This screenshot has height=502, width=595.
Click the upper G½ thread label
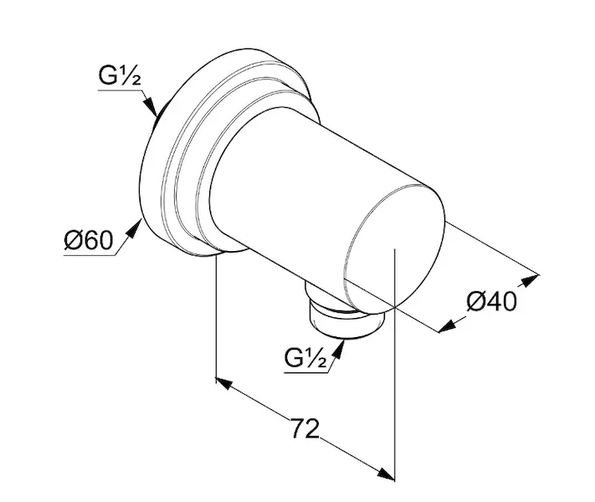pyautogui.click(x=120, y=76)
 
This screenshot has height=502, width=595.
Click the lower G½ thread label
pyautogui.click(x=305, y=358)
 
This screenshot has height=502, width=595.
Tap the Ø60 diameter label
pyautogui.click(x=89, y=240)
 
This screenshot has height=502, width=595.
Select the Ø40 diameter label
pyautogui.click(x=492, y=301)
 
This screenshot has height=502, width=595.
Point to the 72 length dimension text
pyautogui.click(x=305, y=428)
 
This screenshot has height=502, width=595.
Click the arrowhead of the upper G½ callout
pyautogui.click(x=151, y=106)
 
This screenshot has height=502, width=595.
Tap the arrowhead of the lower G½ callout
pyautogui.click(x=339, y=349)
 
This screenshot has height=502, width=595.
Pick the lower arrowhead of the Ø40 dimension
pyautogui.click(x=448, y=326)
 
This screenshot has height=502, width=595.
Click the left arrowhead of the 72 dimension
pyautogui.click(x=223, y=383)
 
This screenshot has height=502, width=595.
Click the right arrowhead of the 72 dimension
pyautogui.click(x=387, y=474)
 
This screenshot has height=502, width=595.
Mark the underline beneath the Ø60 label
pyautogui.click(x=90, y=256)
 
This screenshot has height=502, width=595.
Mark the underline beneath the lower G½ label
pyautogui.click(x=306, y=373)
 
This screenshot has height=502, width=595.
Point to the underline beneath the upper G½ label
pyautogui.click(x=121, y=90)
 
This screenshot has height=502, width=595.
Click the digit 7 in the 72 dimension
pyautogui.click(x=298, y=428)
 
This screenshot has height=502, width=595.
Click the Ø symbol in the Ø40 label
pyautogui.click(x=475, y=301)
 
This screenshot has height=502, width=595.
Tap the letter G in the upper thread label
pyautogui.click(x=107, y=76)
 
